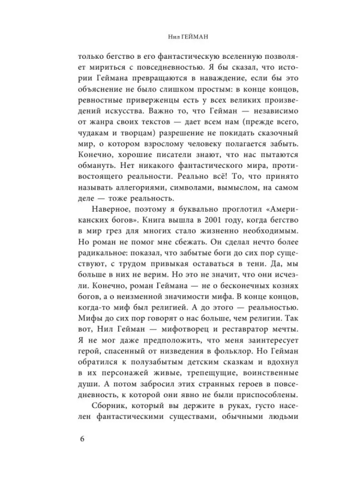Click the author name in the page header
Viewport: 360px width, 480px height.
tap(180, 35)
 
